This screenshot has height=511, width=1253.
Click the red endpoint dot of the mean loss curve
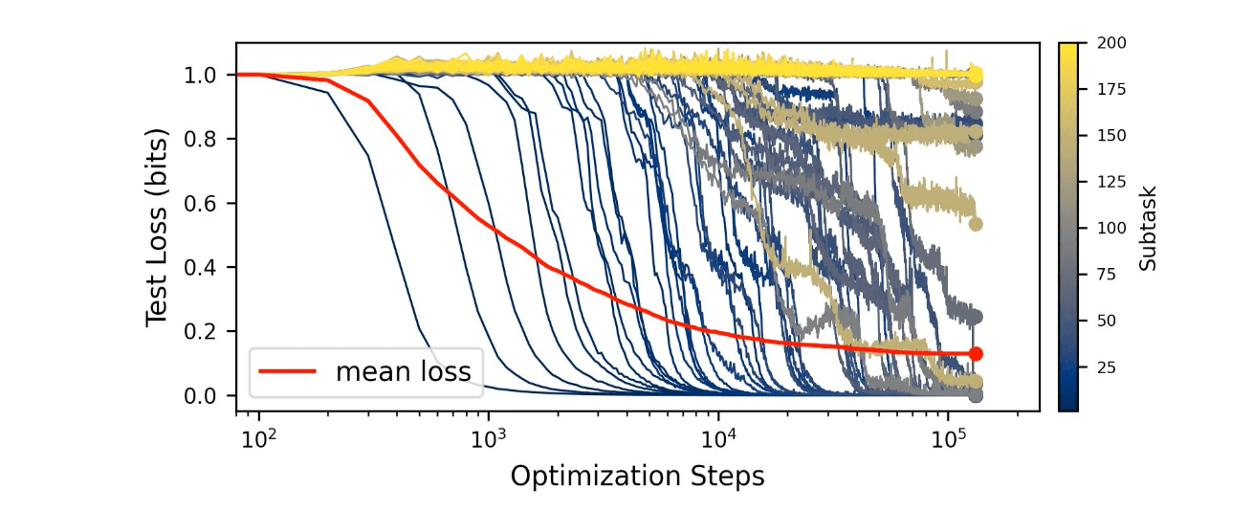pyautogui.click(x=976, y=354)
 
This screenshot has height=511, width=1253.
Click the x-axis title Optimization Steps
pyautogui.click(x=637, y=476)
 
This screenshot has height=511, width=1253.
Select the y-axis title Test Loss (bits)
pyautogui.click(x=158, y=227)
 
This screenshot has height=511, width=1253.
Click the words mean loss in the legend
pyautogui.click(x=403, y=371)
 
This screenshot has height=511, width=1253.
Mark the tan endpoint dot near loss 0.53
pyautogui.click(x=976, y=224)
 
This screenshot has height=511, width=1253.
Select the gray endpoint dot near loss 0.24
pyautogui.click(x=976, y=317)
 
